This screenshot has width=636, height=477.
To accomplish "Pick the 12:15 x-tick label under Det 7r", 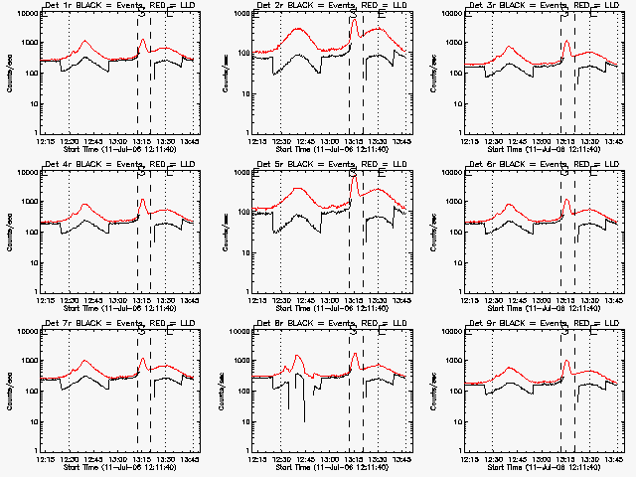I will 42,459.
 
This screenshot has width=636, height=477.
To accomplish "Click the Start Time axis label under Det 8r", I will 316,467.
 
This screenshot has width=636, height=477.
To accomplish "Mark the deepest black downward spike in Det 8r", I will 305,420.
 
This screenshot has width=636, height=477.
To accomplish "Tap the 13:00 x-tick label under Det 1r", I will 118,141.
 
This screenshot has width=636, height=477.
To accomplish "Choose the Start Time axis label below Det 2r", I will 316,149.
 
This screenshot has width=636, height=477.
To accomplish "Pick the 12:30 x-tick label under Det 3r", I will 491,141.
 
